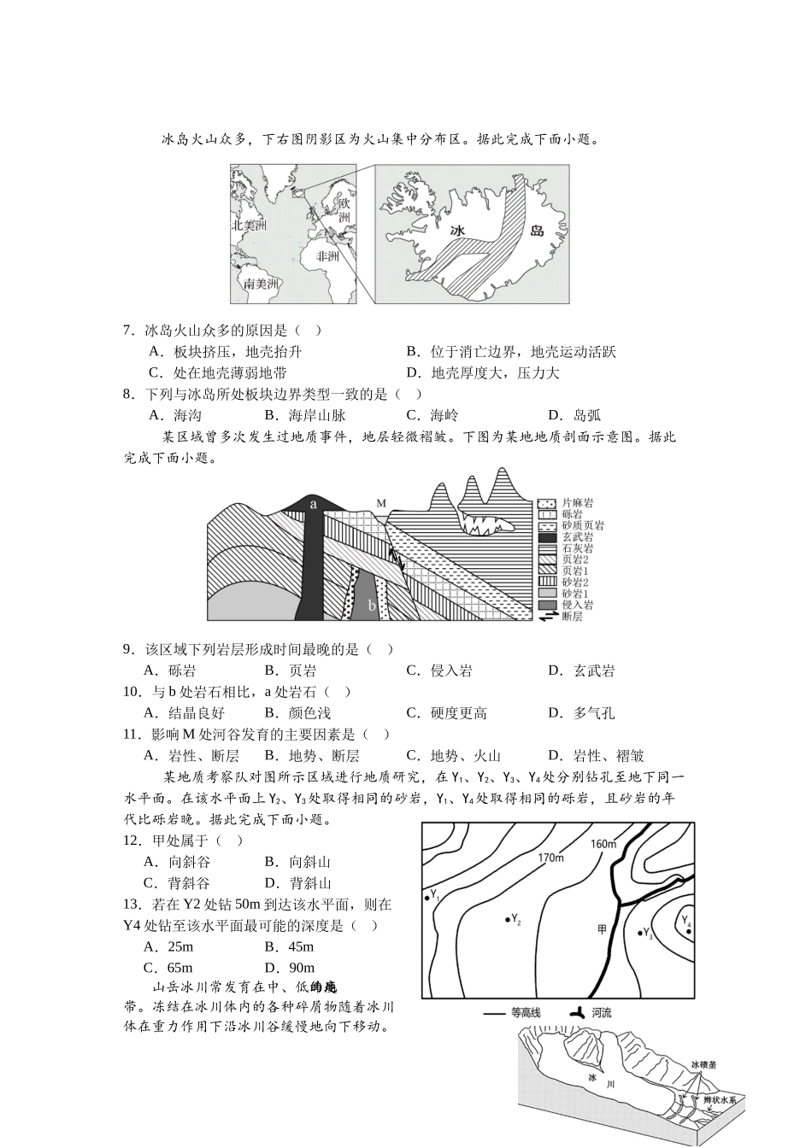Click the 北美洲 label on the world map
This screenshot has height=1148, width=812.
pyautogui.click(x=250, y=225)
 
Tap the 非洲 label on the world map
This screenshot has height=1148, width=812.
pyautogui.click(x=328, y=256)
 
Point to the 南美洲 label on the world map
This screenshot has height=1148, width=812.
pyautogui.click(x=262, y=284)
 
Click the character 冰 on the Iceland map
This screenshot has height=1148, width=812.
pyautogui.click(x=458, y=231)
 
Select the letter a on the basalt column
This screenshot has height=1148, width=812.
pyautogui.click(x=314, y=504)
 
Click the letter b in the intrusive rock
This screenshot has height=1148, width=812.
pyautogui.click(x=371, y=606)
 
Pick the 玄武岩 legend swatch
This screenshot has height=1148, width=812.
pyautogui.click(x=547, y=537)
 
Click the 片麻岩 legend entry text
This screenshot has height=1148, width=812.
pyautogui.click(x=578, y=503)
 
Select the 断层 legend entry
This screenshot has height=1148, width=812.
pyautogui.click(x=572, y=616)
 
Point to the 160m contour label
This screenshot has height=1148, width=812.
pyautogui.click(x=603, y=844)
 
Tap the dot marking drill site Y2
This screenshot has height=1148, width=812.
pyautogui.click(x=507, y=918)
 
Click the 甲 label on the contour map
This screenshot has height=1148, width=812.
pyautogui.click(x=602, y=928)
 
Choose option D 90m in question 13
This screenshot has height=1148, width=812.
pyautogui.click(x=289, y=968)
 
